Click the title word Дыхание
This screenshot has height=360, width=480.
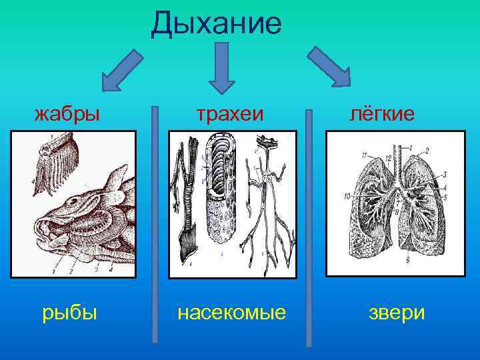pos(217,23)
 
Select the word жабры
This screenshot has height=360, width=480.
pos(67,114)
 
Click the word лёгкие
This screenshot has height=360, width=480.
pos(383,114)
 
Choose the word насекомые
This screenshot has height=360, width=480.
pos(231,313)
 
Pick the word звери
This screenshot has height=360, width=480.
pos(397,313)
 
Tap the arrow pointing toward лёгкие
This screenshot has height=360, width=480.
pos(331,67)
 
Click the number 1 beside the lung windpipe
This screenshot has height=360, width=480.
pos(411,146)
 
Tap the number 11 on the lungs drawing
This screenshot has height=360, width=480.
pos(364,155)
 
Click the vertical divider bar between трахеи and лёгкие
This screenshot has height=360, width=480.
pos(309,227)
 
